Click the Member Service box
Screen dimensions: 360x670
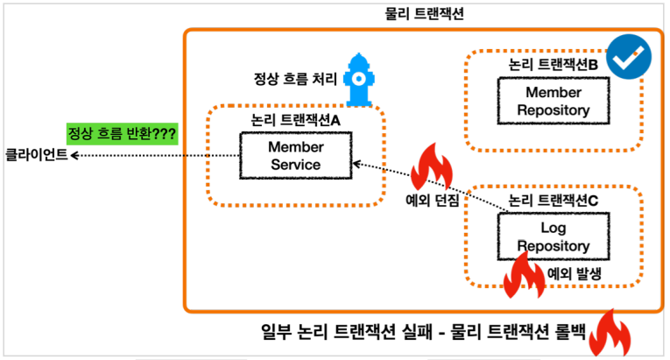click(x=297, y=155)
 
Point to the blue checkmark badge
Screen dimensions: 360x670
click(x=629, y=58)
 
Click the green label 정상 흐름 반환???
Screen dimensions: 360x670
click(x=123, y=134)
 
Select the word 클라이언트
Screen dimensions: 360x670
click(x=36, y=155)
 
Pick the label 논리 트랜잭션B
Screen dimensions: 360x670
click(x=553, y=65)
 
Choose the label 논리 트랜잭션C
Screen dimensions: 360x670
click(x=553, y=201)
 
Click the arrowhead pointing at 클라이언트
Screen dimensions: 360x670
click(x=75, y=155)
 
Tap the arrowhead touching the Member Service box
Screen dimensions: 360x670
click(x=355, y=163)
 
